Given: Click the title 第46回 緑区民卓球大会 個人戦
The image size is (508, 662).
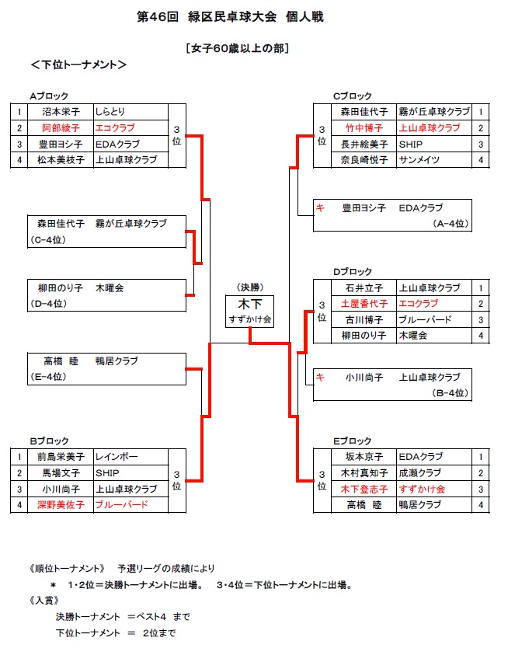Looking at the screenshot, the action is click(230, 17).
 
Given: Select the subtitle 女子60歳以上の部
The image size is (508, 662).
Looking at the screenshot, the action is click(238, 48).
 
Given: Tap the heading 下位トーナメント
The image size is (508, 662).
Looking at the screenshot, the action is click(79, 64).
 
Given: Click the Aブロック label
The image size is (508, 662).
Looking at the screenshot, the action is click(49, 96).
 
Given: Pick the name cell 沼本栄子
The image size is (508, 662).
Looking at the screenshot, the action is click(61, 112).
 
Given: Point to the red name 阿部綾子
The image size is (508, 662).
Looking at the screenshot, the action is click(61, 128).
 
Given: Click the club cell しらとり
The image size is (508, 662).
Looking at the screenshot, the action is click(110, 112).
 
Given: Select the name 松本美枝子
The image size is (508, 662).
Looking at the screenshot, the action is click(61, 160).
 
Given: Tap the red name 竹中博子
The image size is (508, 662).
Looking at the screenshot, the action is click(364, 128).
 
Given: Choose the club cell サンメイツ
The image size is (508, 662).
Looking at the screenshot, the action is click(419, 160).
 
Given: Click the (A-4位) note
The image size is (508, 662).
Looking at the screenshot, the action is click(451, 224).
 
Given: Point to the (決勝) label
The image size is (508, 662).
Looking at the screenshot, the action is click(250, 287).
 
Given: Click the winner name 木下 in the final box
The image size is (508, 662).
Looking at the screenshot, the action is click(250, 304).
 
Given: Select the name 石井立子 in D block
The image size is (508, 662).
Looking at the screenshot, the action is click(364, 288).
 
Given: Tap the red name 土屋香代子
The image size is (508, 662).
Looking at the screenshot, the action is click(364, 304).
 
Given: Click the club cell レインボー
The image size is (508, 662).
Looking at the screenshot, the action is click(117, 457).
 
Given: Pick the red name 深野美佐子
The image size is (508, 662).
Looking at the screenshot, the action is click(61, 504).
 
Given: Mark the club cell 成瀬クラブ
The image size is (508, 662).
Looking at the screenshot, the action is click(420, 473).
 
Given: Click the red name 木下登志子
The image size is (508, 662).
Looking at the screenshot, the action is click(364, 490).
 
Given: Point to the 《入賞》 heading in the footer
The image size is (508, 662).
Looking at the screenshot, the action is click(44, 601).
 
